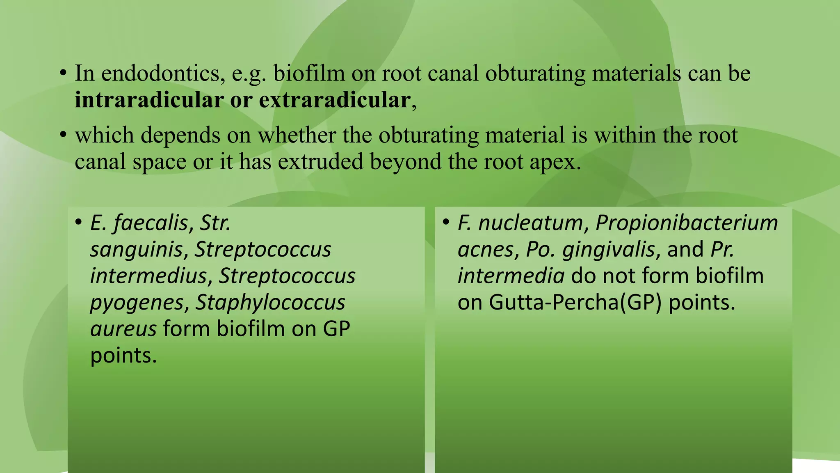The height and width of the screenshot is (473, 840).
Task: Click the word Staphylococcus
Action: (270, 303)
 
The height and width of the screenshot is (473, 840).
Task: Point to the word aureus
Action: (123, 329)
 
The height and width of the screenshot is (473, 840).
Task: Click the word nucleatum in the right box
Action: (530, 223)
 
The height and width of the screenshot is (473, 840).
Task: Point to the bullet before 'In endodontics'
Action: (63, 74)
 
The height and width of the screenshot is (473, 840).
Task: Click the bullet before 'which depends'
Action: (63, 135)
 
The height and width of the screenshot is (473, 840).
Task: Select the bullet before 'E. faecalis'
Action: (78, 223)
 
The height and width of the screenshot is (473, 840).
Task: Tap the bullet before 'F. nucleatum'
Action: (446, 223)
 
